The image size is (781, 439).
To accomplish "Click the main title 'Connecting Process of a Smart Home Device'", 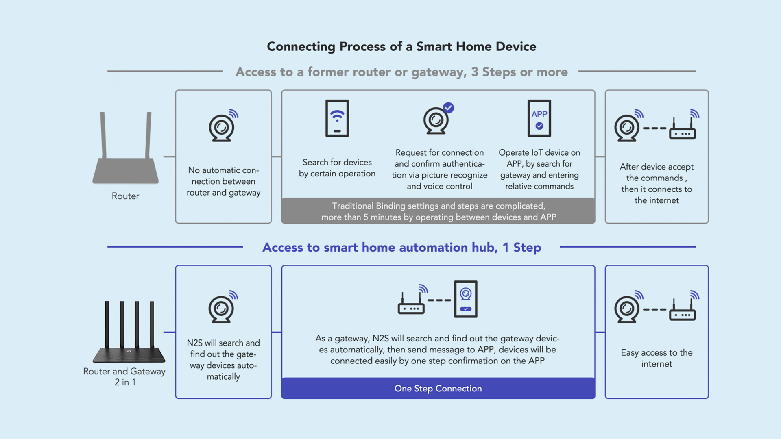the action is tap(401, 47).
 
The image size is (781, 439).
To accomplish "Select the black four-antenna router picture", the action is tap(129, 332).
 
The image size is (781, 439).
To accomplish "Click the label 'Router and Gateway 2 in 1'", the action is tap(124, 377).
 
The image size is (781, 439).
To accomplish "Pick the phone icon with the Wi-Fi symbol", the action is tap(337, 118).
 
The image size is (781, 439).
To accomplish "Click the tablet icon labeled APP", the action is tap(539, 118).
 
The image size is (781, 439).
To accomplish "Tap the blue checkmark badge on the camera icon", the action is tap(448, 108).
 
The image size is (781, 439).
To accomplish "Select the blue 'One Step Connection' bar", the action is tap(438, 388).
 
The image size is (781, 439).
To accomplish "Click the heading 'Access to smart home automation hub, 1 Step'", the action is tap(401, 248).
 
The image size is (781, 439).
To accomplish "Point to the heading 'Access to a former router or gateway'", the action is tap(351, 72).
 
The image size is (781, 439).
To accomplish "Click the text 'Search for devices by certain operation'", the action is tap(337, 168).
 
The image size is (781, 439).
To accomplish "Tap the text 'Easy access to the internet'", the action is tap(657, 358).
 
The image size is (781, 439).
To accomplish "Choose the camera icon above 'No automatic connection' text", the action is tap(222, 126).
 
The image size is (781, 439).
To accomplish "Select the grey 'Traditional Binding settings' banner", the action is tap(438, 211).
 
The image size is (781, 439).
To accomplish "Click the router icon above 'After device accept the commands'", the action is tap(683, 127).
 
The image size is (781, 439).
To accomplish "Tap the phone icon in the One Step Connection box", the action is tap(466, 299).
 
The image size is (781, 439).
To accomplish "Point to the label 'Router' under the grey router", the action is tap(125, 196).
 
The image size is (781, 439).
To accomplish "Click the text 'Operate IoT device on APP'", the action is tap(539, 158).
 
